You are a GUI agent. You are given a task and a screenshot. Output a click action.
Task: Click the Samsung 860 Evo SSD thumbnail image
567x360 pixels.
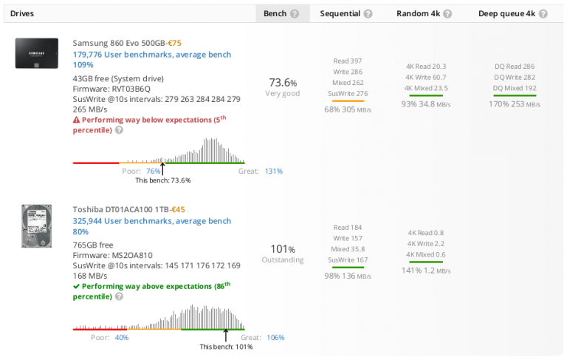[36, 54]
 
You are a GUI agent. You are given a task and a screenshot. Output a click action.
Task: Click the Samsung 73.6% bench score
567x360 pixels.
[283, 83]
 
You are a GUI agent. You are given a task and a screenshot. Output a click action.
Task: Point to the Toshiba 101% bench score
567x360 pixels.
[283, 249]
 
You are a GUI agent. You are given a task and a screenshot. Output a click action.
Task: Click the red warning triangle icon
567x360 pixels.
[76, 120]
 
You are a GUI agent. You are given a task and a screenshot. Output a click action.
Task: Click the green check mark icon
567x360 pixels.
[76, 286]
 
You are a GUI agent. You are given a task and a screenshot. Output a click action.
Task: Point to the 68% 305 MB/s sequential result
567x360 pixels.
[348, 109]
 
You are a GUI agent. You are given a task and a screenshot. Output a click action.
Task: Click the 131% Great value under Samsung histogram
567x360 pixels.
[274, 171]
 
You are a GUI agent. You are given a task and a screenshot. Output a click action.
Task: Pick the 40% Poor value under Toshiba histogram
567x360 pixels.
[122, 337]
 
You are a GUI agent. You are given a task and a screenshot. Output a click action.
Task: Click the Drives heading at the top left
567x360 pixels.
[22, 13]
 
